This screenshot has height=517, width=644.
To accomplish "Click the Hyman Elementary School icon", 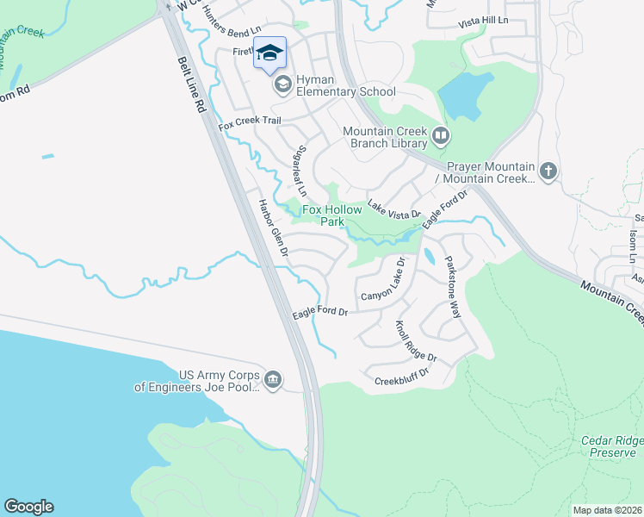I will click(282, 85).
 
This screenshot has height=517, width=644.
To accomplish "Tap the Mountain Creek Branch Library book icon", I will click(441, 135).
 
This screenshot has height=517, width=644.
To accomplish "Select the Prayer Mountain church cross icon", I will click(549, 171).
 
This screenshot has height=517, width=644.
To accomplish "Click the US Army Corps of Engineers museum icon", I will click(273, 380).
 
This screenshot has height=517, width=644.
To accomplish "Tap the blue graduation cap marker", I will click(269, 53).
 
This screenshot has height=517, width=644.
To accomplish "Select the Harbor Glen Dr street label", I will click(273, 230).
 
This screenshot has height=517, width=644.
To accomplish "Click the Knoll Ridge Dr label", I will click(416, 341).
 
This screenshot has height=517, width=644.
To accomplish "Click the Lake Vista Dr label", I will click(393, 208).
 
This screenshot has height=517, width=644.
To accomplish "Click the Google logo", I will click(28, 507).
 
